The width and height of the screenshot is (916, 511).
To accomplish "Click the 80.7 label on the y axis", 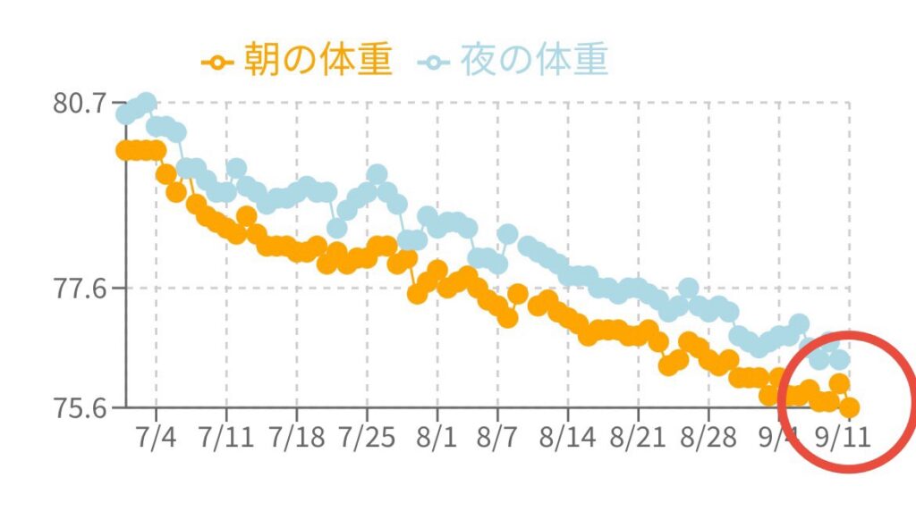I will [78, 103].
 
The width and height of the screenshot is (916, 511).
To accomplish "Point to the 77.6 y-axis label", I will [78, 289].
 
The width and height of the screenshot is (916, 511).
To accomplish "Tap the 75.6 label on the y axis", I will [78, 407].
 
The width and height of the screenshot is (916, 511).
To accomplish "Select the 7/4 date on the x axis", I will [157, 440].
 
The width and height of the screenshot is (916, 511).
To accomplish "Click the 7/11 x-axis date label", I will [226, 440].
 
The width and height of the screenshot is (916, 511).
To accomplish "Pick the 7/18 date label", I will [296, 440].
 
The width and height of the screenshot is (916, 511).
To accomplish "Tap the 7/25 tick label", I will [367, 440].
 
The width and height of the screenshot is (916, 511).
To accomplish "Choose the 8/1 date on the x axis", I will [437, 440].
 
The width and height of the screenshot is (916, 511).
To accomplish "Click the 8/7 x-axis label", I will [498, 440].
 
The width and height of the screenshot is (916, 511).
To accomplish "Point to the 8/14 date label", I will [568, 440].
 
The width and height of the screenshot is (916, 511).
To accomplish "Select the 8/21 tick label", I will [639, 440].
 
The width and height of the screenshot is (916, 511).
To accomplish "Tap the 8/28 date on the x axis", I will [708, 440].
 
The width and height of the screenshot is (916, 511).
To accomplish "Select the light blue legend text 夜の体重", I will [534, 61].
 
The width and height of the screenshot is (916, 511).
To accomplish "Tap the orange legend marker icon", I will [216, 63].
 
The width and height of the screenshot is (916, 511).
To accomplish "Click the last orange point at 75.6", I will [849, 407].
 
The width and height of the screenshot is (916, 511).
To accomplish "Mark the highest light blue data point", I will [146, 102].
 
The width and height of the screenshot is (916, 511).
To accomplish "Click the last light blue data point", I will [839, 360].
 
